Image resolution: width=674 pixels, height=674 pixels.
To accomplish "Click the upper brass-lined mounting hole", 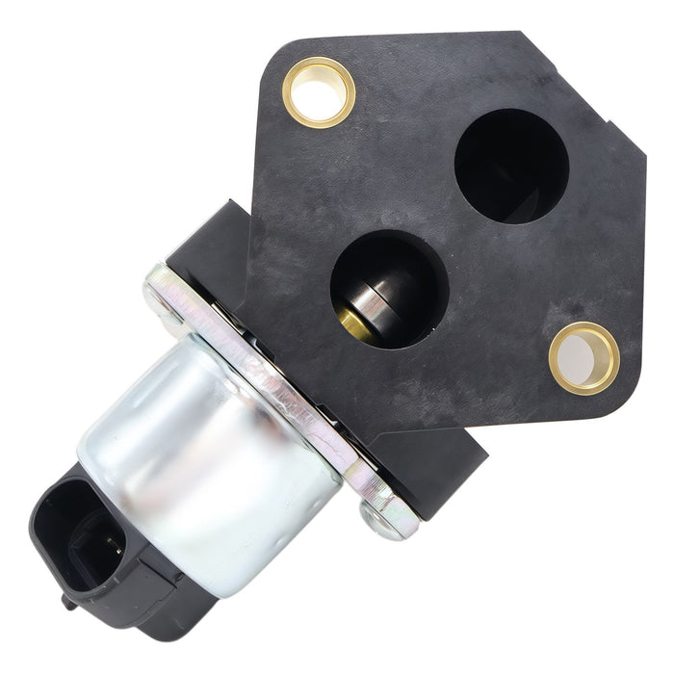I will pos(319,92).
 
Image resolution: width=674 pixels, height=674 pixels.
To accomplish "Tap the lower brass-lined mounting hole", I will pos(584,358).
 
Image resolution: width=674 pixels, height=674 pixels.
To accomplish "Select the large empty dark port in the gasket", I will pos(510,166).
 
